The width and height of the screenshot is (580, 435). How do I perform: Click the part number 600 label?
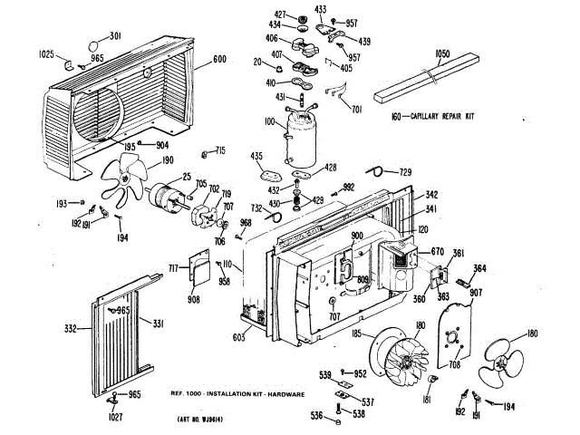[x=219, y=60]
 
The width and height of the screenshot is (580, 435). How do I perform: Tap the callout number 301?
[x=115, y=36]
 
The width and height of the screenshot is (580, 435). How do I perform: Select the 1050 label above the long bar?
[x=442, y=54]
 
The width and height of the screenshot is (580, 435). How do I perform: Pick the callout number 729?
[x=406, y=172]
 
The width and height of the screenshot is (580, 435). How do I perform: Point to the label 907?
[x=476, y=292]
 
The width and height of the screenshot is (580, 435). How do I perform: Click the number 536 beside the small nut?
[x=316, y=416]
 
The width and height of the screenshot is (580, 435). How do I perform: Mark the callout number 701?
[x=356, y=110]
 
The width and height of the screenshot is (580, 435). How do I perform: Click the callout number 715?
[x=218, y=150]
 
